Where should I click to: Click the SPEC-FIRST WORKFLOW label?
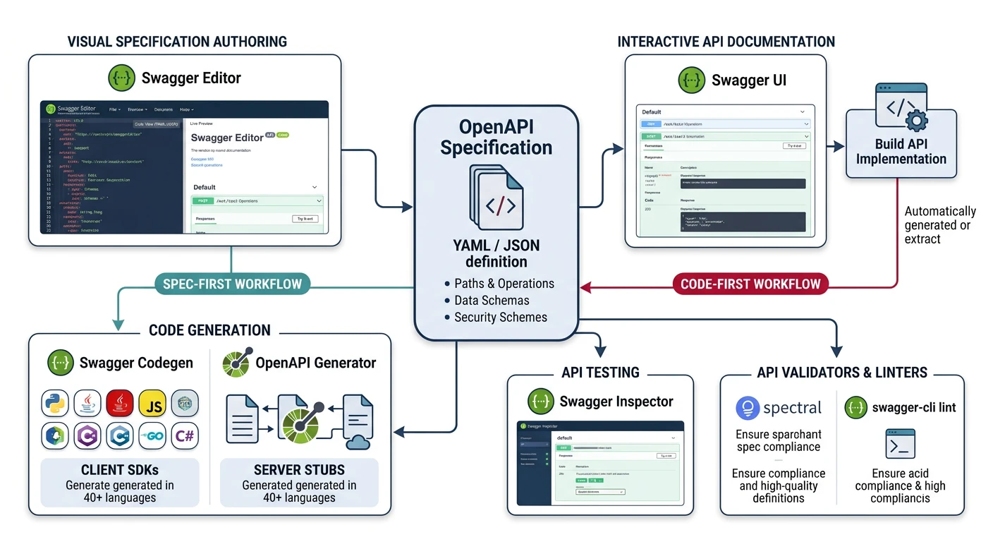(x=232, y=284)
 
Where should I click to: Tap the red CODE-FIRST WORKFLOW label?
(x=750, y=284)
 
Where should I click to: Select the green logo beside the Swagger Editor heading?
(x=121, y=78)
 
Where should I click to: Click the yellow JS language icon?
(x=152, y=404)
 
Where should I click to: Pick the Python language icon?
(x=55, y=404)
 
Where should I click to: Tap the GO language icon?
(x=152, y=436)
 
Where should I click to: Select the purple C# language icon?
(x=185, y=436)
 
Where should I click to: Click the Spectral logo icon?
(x=747, y=408)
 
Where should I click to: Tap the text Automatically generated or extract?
(x=939, y=224)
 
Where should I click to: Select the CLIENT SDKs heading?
(x=119, y=470)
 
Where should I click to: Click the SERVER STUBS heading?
(x=299, y=470)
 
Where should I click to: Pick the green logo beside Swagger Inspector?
(x=540, y=402)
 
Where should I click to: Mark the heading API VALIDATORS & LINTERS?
(x=842, y=373)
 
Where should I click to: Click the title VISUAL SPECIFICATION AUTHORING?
(x=177, y=42)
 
